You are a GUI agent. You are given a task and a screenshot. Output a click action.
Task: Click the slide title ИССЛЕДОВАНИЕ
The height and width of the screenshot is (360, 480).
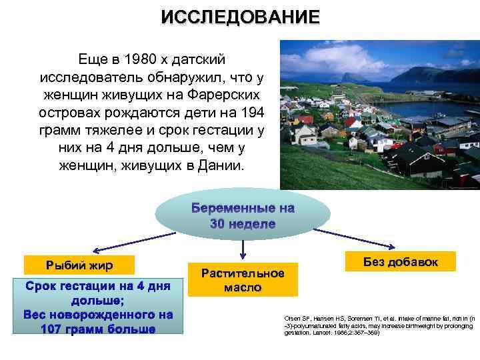point(240,17)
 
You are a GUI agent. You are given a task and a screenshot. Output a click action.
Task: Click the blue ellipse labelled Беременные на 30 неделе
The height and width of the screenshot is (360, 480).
point(243,216)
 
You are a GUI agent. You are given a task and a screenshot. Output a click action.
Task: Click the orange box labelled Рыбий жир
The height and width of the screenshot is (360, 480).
point(79,265)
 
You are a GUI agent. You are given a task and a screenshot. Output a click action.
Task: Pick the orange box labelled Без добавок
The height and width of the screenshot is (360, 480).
point(401,261)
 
